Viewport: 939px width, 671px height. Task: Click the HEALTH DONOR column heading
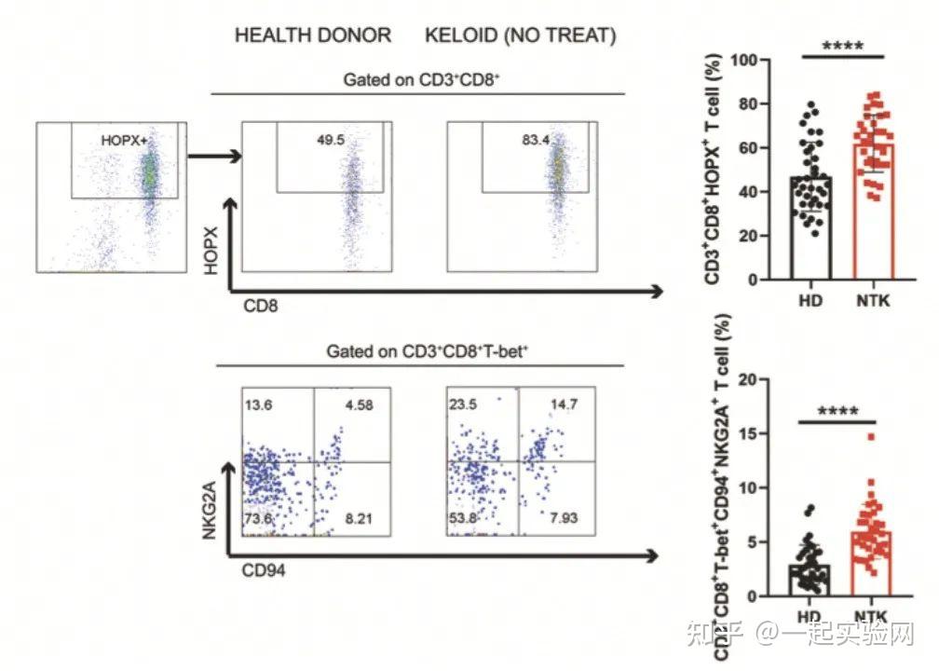(x=313, y=36)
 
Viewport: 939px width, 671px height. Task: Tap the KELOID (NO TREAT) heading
(x=521, y=36)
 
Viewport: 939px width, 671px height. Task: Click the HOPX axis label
(x=213, y=252)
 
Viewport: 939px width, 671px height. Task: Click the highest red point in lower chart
(x=871, y=436)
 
